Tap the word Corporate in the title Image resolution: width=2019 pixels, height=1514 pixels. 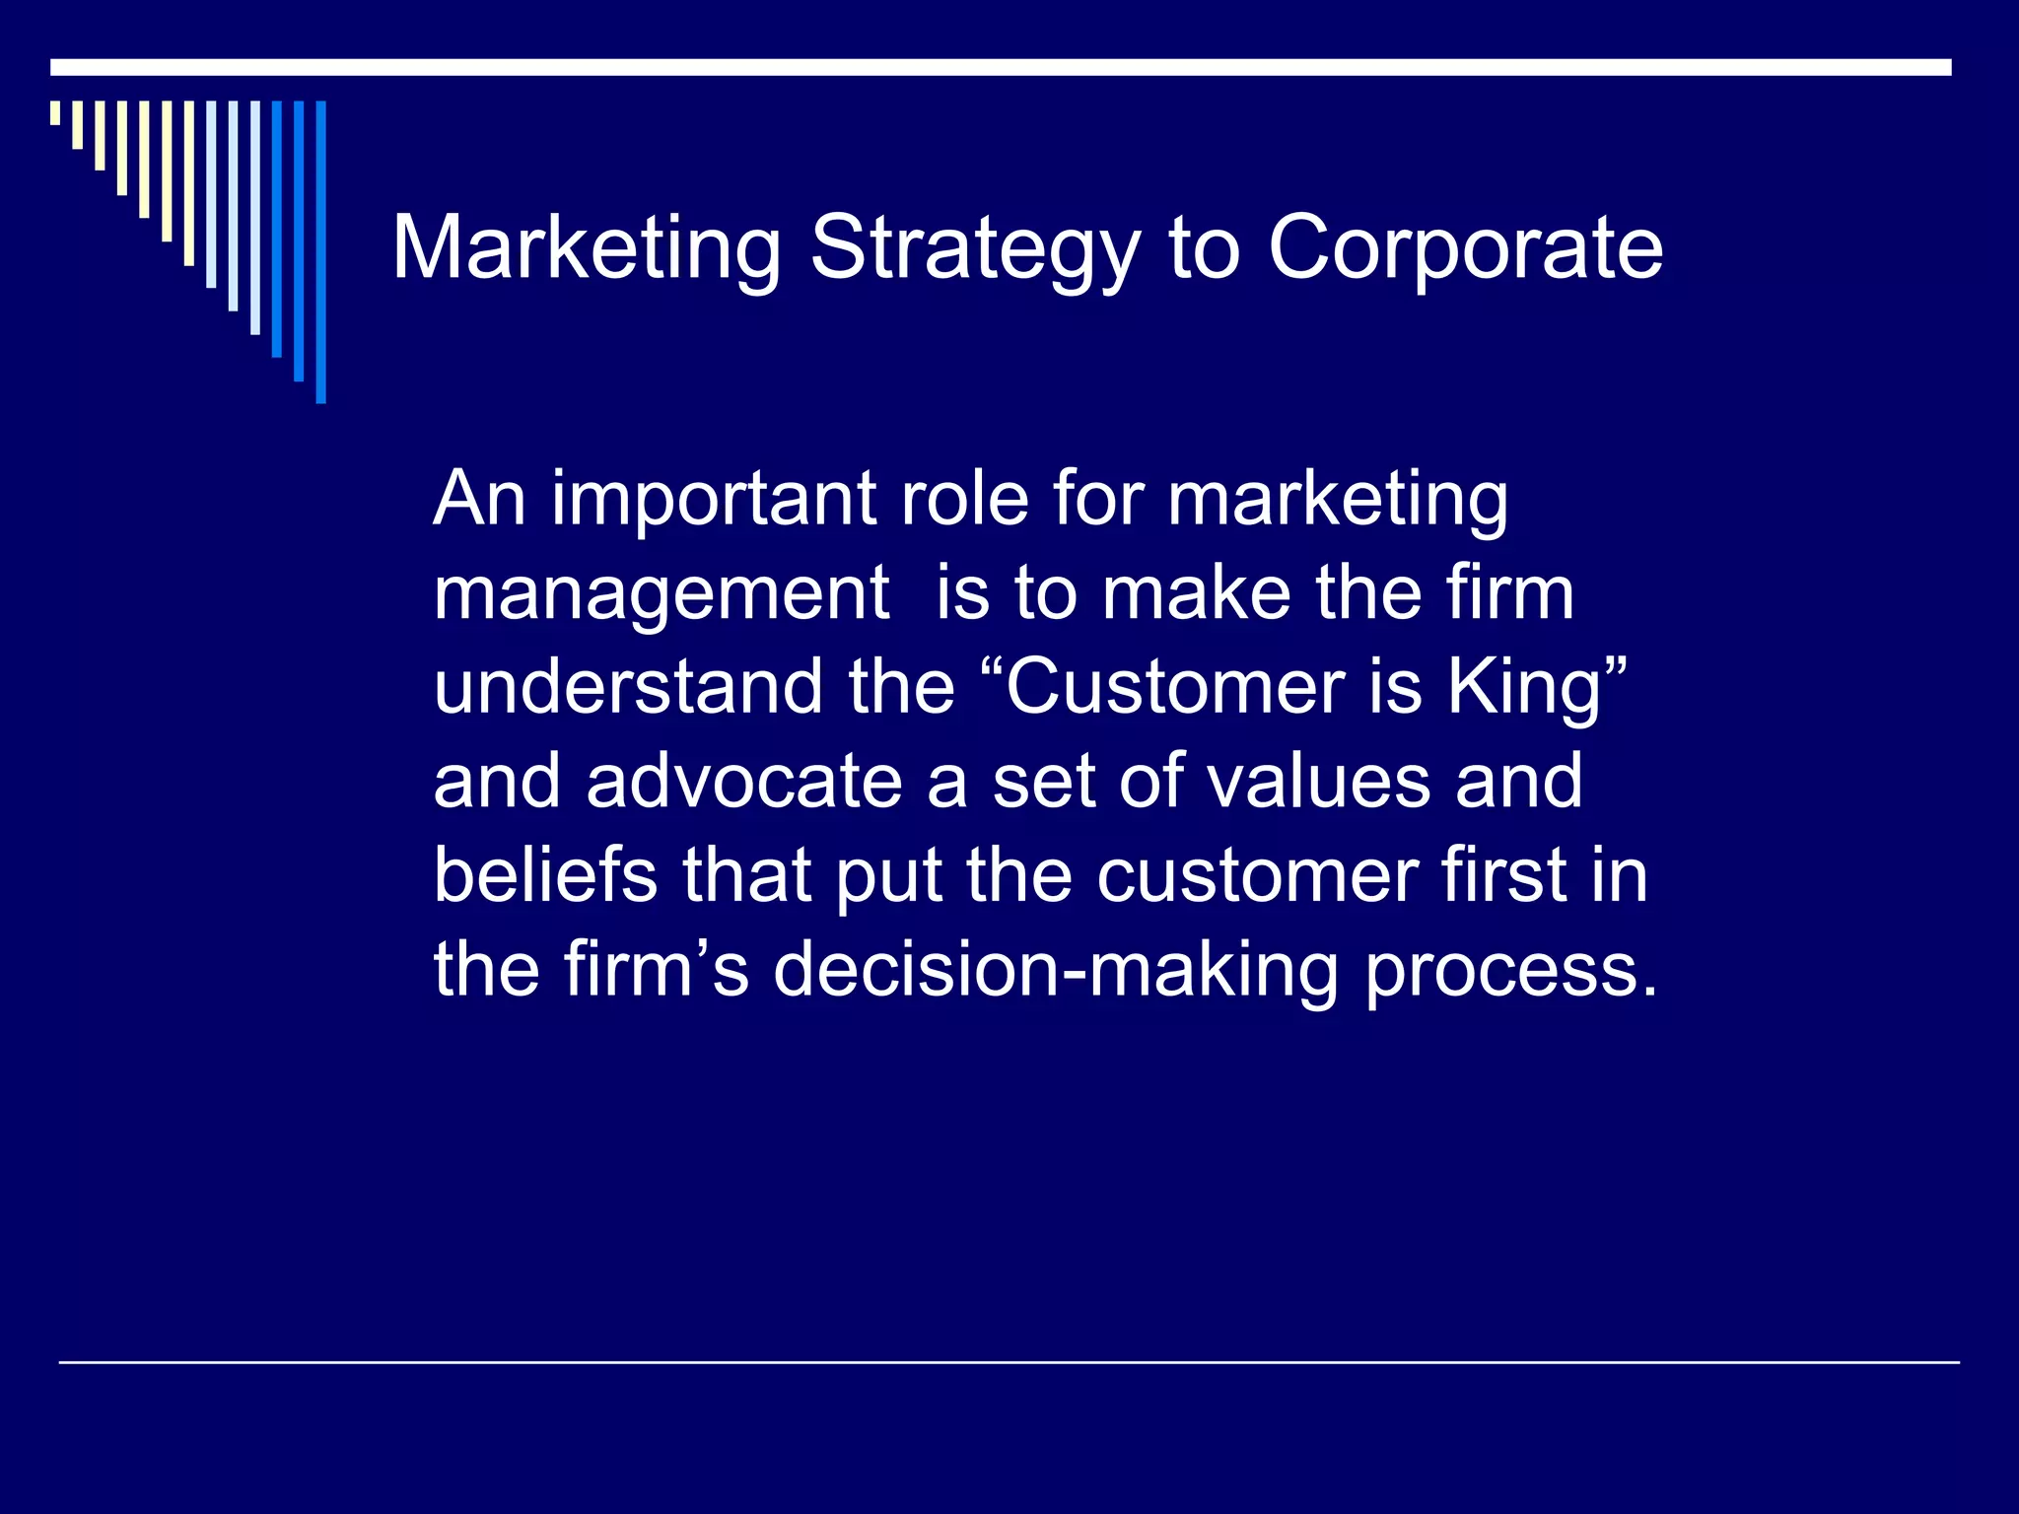1465,251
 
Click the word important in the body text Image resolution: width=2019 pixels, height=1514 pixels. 713,501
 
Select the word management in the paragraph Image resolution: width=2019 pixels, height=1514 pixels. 661,595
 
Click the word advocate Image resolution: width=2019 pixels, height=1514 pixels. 744,781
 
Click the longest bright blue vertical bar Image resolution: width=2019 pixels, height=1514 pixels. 320,252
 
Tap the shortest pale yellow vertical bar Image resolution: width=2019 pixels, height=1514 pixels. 55,112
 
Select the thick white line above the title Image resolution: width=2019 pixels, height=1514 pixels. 1001,67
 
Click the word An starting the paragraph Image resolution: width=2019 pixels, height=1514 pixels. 478,499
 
